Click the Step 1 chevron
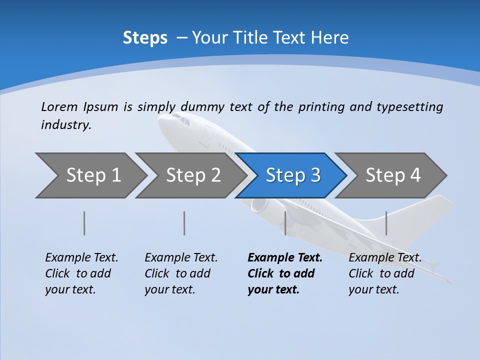92,175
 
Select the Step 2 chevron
192,175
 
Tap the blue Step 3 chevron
292,175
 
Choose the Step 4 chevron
392,175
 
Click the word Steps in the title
145,37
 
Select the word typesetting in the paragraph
409,107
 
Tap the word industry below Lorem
66,125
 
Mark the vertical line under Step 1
84,223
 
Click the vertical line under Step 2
184,223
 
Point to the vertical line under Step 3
285,223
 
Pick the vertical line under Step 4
386,223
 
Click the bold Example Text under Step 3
285,257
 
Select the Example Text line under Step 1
81,257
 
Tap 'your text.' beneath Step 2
169,289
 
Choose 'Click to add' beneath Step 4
381,273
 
